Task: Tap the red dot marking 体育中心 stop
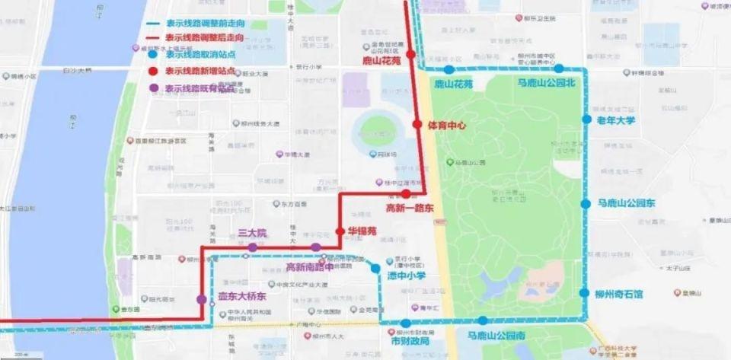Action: (417, 124)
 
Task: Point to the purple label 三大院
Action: (252, 233)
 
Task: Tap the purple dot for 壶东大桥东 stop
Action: (201, 299)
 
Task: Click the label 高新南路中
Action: (309, 268)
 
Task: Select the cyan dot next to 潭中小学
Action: (375, 268)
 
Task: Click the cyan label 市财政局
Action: (410, 339)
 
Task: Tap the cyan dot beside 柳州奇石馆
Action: (584, 293)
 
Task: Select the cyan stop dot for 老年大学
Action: (586, 119)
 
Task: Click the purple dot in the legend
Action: (155, 88)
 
